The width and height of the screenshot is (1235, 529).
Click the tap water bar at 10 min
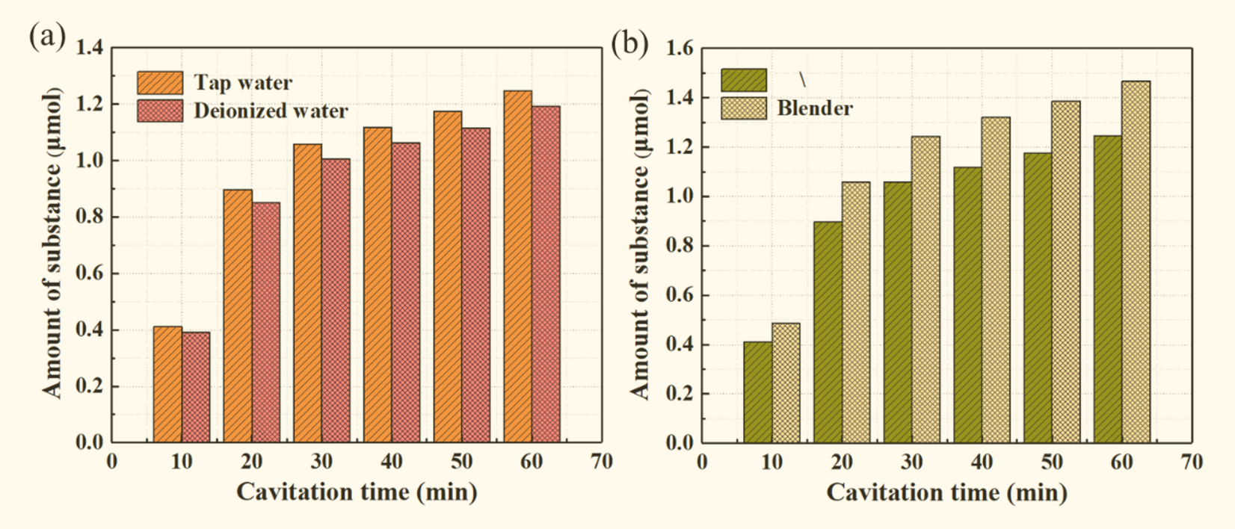coord(167,384)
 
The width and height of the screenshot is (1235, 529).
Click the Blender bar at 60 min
coord(1136,262)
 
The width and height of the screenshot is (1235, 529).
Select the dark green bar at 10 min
coord(757,392)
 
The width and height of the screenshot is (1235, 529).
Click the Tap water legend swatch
coord(160,83)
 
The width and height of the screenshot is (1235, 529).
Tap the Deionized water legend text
coord(271,111)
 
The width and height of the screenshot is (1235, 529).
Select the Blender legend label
coord(815,108)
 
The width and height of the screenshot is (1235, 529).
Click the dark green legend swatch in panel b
coord(744,80)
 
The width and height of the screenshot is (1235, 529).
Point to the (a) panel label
coord(47,35)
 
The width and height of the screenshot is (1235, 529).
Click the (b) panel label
coord(629,44)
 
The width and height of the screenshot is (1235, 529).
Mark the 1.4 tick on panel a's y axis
coord(90,49)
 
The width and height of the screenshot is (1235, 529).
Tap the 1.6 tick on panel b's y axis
coord(680,49)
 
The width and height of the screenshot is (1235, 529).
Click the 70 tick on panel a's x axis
coord(601,462)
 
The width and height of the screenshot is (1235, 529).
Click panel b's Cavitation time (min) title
coord(946,492)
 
